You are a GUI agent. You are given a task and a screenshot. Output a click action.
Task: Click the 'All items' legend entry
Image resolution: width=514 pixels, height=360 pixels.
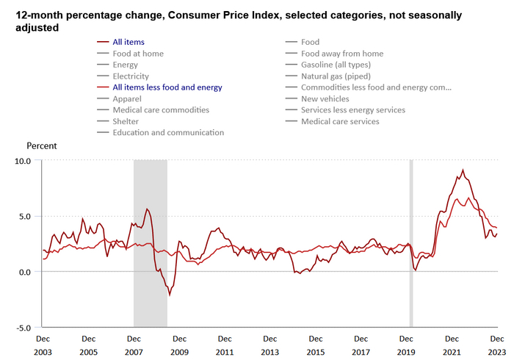[128, 42]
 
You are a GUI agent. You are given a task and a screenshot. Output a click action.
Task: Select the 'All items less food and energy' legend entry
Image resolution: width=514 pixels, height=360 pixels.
[167, 87]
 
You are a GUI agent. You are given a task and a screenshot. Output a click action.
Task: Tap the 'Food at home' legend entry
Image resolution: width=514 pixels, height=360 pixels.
[138, 54]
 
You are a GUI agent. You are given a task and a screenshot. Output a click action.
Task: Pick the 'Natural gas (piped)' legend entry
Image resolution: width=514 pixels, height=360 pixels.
[336, 76]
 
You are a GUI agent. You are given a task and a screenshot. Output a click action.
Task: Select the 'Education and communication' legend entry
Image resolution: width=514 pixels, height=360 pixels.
[168, 132]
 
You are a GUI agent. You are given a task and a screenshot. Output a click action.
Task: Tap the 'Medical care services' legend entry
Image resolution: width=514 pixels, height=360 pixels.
[340, 121]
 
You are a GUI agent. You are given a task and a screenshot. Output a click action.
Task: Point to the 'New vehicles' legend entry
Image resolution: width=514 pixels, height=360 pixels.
[325, 98]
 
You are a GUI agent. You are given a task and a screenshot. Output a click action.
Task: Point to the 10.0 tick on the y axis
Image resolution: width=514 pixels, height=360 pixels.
[23, 160]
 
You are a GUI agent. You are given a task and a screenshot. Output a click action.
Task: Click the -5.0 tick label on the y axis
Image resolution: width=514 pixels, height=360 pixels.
[23, 328]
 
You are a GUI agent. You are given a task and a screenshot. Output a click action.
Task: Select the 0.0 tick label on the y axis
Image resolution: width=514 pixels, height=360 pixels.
[25, 272]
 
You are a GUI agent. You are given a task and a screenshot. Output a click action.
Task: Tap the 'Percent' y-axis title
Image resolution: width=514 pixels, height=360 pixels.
[42, 145]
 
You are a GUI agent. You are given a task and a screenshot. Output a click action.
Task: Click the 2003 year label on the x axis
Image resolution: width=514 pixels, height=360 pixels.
[43, 353]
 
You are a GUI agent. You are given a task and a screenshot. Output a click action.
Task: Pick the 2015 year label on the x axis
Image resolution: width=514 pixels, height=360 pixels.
[316, 353]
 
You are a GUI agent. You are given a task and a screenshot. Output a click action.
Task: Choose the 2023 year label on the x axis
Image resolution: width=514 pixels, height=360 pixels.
[498, 353]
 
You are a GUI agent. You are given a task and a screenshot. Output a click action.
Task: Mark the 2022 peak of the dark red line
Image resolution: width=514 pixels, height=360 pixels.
[463, 170]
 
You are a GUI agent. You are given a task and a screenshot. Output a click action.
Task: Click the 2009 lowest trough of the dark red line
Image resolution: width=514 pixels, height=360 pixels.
[170, 295]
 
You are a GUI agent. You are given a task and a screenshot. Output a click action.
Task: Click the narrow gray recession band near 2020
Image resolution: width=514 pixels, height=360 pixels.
[411, 242]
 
